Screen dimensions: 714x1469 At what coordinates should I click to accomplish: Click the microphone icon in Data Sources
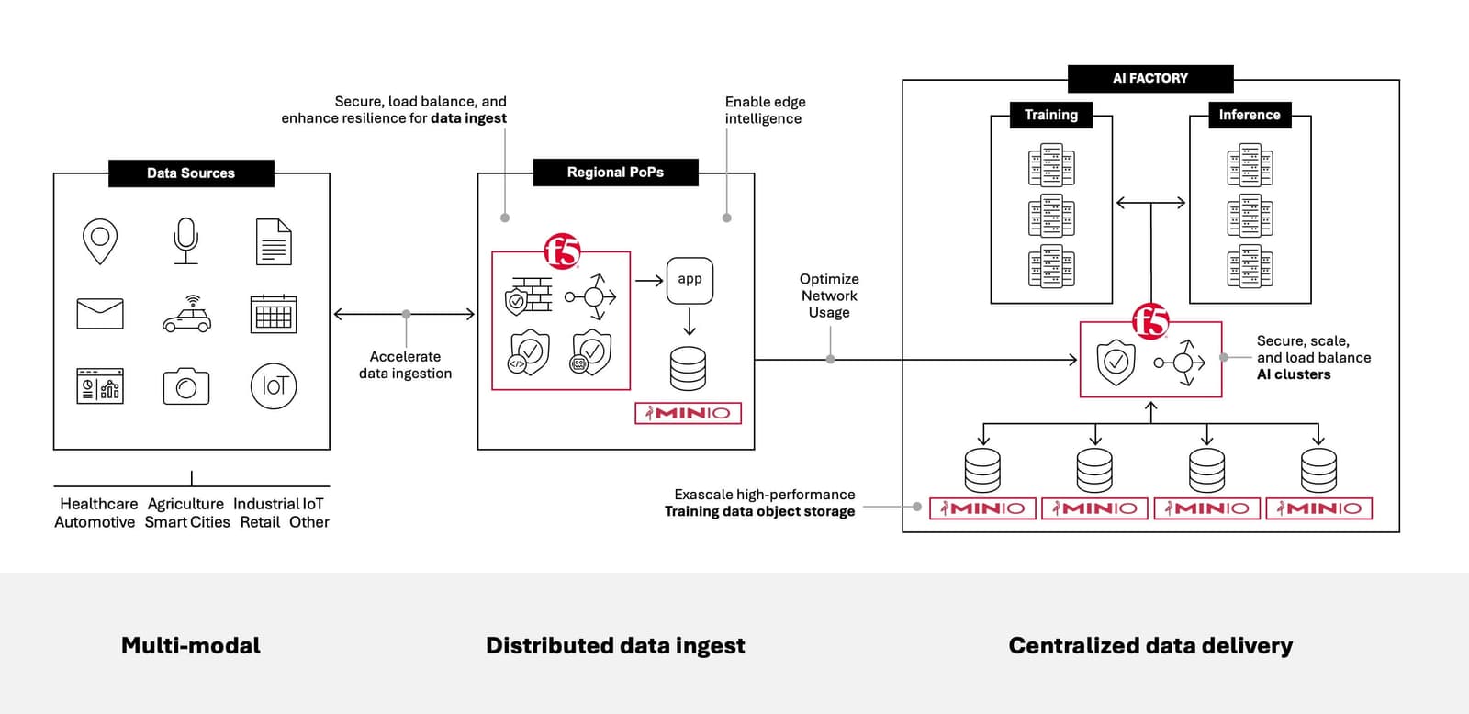(186, 240)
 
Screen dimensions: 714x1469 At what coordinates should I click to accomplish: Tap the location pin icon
(100, 241)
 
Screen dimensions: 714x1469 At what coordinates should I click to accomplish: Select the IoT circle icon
(274, 386)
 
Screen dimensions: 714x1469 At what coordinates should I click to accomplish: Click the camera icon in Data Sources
(186, 386)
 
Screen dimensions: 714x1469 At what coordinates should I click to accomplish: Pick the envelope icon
(100, 314)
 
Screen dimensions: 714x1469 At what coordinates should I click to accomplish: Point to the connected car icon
(186, 315)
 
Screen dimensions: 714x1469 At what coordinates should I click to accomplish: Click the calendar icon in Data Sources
(274, 314)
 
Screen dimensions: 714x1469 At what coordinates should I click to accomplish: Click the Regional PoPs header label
(615, 173)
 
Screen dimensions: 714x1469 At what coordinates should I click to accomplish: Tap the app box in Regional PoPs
(690, 280)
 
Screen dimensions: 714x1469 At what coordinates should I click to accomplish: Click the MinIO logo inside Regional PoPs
(688, 413)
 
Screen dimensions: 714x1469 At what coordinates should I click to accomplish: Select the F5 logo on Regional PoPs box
(562, 251)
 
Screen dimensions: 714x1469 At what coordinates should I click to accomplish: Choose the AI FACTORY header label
(1149, 79)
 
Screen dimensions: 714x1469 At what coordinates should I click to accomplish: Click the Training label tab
(1051, 115)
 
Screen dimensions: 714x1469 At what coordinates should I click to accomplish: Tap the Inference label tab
(1249, 115)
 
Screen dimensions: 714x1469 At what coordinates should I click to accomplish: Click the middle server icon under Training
(1051, 217)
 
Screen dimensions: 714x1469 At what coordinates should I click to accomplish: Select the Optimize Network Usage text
(829, 296)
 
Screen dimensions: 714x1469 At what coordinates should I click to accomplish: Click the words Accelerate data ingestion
(405, 364)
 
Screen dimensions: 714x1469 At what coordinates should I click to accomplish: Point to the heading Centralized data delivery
(1149, 645)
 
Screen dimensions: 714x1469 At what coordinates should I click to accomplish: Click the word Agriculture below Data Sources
(185, 504)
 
